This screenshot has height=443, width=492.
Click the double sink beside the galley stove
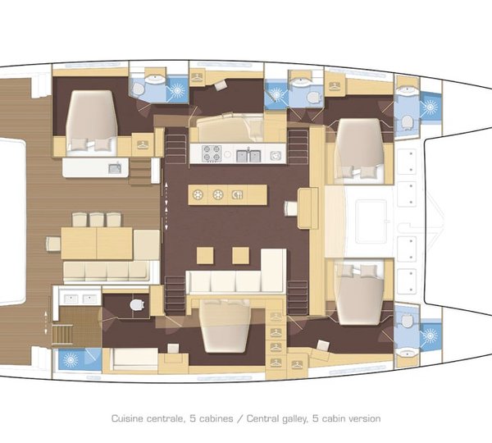click(248, 154)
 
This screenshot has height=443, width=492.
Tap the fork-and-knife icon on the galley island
click(237, 194)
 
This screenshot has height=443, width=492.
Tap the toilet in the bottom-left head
click(137, 306)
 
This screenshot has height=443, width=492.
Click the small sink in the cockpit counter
click(115, 167)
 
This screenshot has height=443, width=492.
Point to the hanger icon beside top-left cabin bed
click(142, 144)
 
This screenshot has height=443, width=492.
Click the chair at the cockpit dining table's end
click(52, 243)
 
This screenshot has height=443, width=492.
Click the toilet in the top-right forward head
click(408, 121)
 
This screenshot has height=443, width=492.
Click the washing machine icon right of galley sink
click(276, 153)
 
